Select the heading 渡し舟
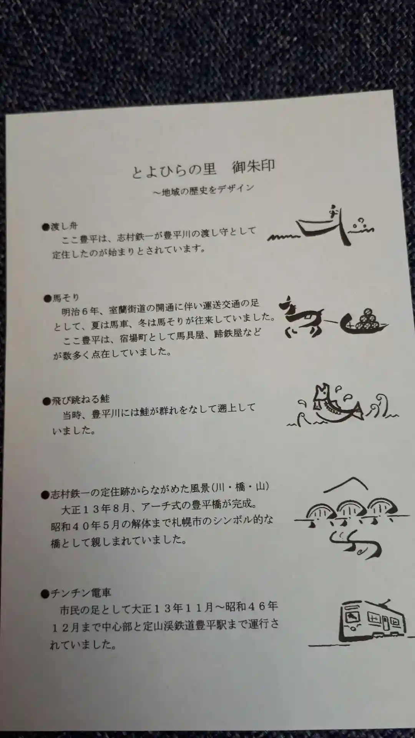coord(61,226)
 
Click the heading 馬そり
coord(61,298)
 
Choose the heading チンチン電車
coord(76,593)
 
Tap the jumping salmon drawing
coord(338,406)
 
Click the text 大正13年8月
coord(96,510)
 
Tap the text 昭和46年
coord(252,606)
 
